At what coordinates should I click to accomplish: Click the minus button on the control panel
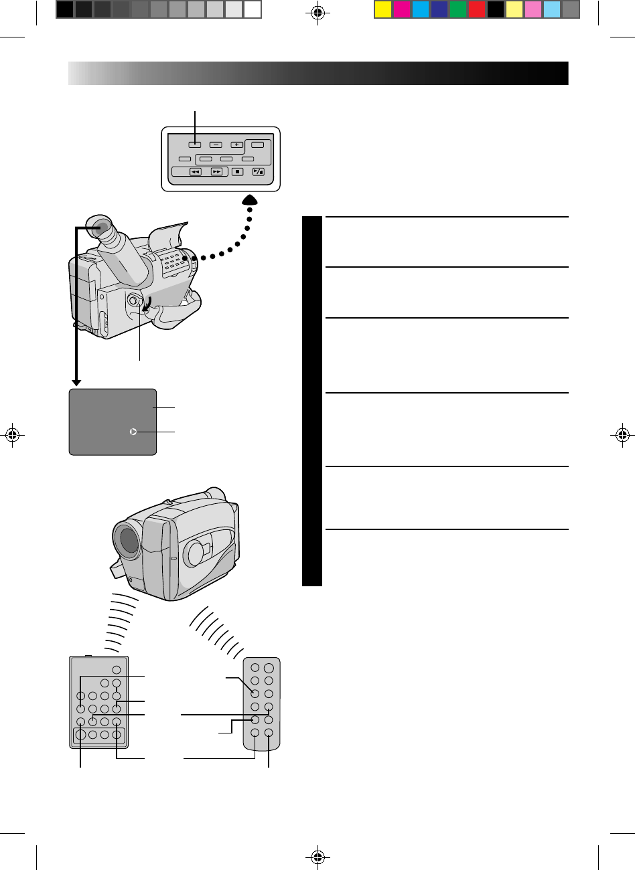click(215, 145)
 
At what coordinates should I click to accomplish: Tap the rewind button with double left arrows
click(195, 171)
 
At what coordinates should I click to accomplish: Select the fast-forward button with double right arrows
click(216, 171)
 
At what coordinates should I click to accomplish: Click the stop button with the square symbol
click(237, 171)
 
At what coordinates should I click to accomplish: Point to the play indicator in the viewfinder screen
click(133, 432)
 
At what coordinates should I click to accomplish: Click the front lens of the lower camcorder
click(127, 539)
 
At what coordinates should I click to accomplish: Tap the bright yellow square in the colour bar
click(382, 9)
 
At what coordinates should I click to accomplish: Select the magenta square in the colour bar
click(402, 9)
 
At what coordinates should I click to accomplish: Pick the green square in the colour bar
click(457, 9)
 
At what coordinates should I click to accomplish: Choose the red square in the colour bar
click(476, 9)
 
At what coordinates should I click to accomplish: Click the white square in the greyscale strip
click(253, 9)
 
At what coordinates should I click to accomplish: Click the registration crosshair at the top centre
click(318, 12)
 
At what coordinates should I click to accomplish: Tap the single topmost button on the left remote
click(116, 670)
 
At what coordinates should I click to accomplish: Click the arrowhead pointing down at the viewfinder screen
click(76, 383)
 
